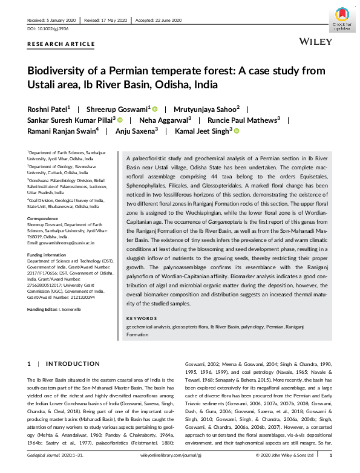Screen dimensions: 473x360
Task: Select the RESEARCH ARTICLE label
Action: tap(61, 44)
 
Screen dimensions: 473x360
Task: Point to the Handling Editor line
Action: tap(53, 310)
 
